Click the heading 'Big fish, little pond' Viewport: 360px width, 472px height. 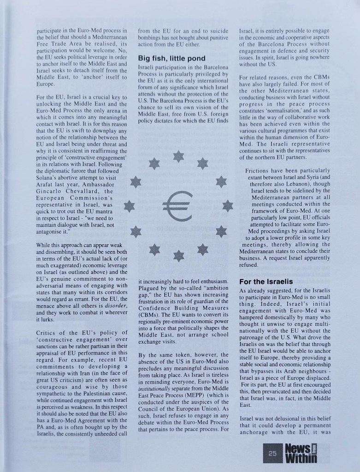click(173, 59)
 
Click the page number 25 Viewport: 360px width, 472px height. click(271, 453)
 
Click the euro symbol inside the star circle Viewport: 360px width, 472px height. click(178, 206)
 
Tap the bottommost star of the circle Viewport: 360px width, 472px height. click(179, 254)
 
